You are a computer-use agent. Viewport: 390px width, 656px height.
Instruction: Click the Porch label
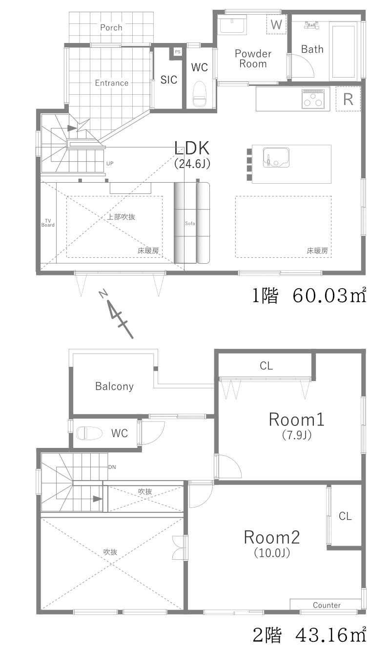[x=111, y=27]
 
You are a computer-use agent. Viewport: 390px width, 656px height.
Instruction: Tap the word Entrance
[x=111, y=83]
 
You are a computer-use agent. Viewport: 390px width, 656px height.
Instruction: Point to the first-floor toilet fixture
[x=200, y=94]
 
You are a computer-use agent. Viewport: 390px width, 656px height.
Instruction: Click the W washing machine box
[x=276, y=24]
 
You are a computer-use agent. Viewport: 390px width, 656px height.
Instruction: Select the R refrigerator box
[x=348, y=99]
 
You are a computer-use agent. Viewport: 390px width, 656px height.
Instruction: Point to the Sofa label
[x=190, y=223]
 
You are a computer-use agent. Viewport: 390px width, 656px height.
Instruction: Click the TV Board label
[x=48, y=223]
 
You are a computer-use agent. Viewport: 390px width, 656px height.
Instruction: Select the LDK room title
[x=192, y=148]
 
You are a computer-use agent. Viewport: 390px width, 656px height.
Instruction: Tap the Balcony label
[x=114, y=386]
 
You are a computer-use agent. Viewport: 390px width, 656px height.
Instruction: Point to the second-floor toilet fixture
[x=89, y=433]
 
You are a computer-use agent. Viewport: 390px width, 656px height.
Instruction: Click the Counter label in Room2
[x=327, y=605]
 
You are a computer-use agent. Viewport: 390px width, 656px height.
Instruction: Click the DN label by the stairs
[x=112, y=467]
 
